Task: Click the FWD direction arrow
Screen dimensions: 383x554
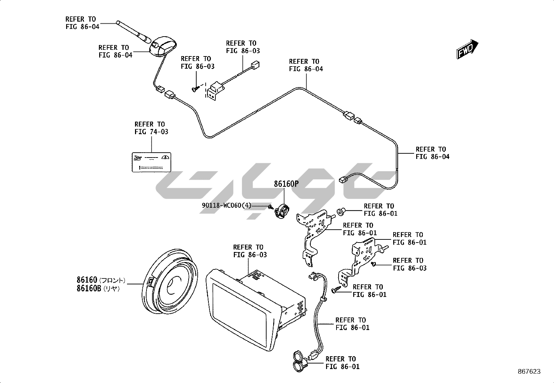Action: pyautogui.click(x=467, y=49)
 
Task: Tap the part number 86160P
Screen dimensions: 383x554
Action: pyautogui.click(x=286, y=184)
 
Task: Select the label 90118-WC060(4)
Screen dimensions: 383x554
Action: pyautogui.click(x=226, y=205)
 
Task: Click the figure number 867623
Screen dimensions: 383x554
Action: pyautogui.click(x=529, y=371)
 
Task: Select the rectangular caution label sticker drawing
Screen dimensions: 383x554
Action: pyautogui.click(x=152, y=162)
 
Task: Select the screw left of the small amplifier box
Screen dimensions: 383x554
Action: pyautogui.click(x=195, y=89)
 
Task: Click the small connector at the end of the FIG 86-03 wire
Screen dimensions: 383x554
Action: pyautogui.click(x=256, y=65)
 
